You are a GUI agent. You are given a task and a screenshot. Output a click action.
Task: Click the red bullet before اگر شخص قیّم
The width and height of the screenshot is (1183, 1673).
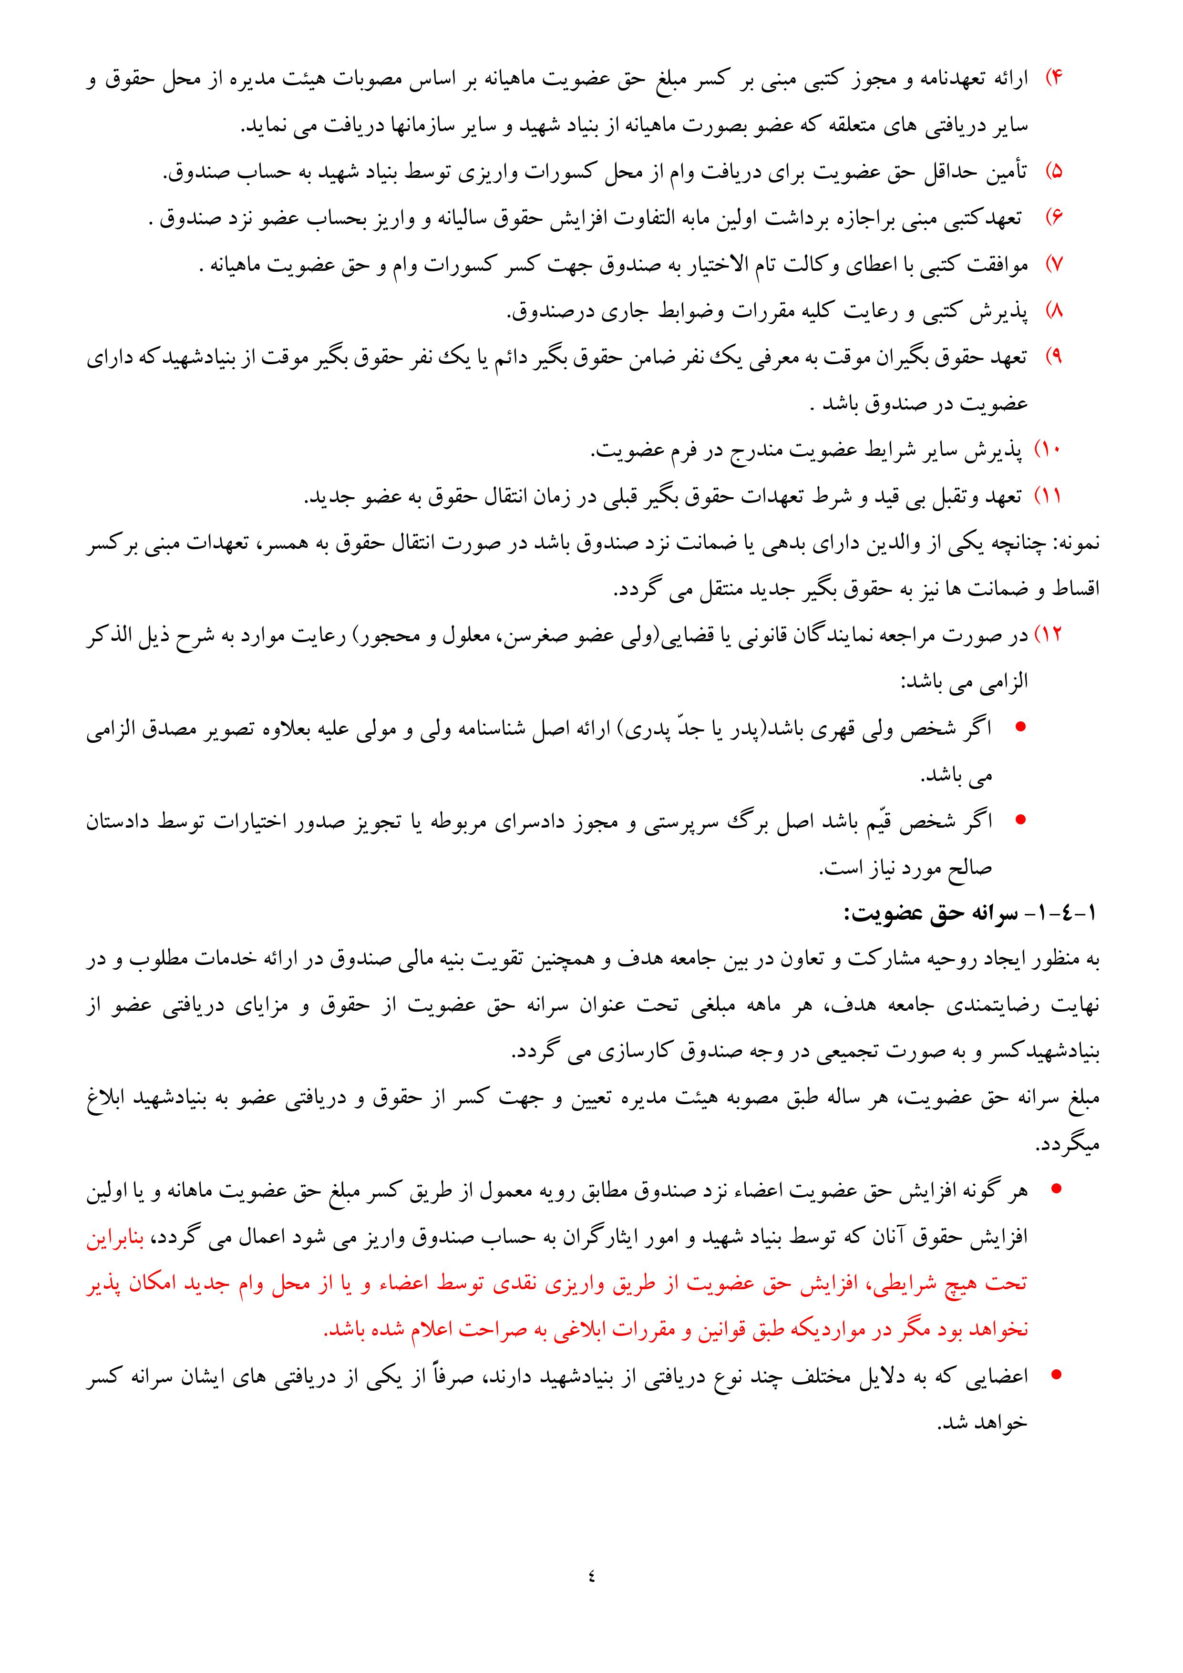[1020, 821]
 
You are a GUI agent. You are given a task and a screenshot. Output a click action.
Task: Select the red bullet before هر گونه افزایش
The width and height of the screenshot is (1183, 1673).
[1054, 1191]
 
